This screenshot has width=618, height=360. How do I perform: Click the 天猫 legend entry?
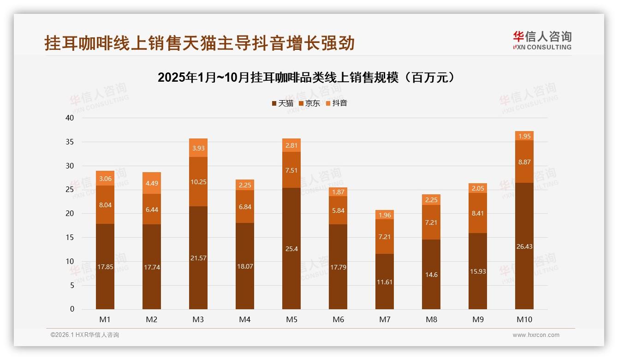point(282,103)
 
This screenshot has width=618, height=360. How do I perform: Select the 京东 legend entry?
point(309,103)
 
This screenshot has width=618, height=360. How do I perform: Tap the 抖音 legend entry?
point(336,103)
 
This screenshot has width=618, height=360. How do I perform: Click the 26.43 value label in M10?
point(524,246)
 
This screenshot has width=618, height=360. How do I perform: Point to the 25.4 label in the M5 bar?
point(291,249)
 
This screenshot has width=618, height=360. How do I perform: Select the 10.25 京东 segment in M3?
point(198,182)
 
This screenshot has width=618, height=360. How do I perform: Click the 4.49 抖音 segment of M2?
point(152,183)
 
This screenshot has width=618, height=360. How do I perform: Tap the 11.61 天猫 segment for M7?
point(385,282)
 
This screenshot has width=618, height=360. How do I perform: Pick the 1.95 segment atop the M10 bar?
point(524,136)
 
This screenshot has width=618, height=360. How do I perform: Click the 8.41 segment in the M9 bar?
point(478,213)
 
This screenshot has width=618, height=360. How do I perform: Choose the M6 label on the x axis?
point(338,319)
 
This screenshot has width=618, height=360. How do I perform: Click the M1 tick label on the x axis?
point(105,319)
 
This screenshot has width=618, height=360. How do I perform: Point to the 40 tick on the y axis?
point(70,118)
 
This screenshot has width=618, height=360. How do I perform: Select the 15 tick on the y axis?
point(70,238)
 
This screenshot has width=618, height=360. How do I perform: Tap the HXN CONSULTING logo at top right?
point(542,41)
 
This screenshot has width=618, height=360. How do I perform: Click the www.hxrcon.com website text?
point(536,335)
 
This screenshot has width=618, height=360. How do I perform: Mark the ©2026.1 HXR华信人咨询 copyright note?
point(85,335)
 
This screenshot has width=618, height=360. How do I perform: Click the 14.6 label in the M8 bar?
point(431,275)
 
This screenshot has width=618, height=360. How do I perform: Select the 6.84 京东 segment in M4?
point(245,207)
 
